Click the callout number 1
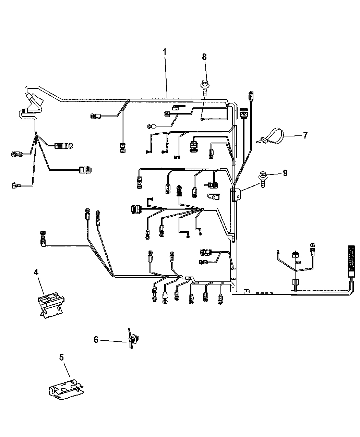point(165,52)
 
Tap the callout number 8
point(204,57)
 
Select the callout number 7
point(305,135)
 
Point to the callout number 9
point(285,173)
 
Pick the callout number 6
point(96,339)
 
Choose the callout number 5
point(61,357)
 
